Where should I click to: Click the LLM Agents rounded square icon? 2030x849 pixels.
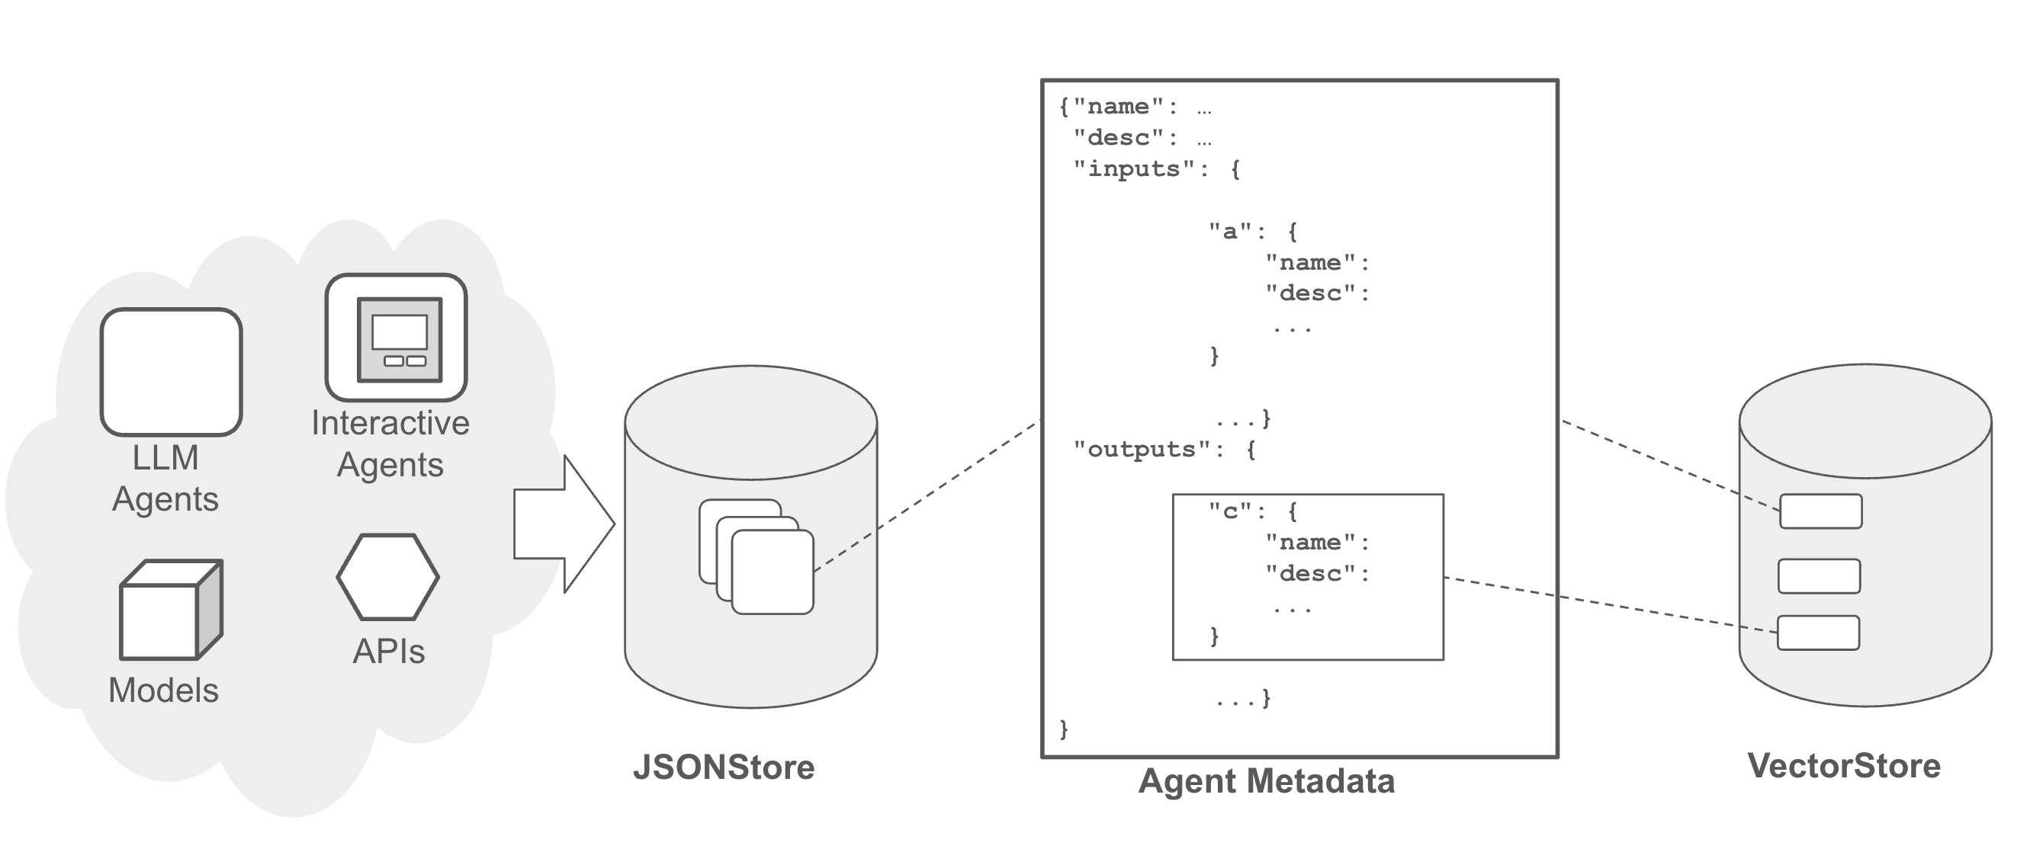[x=171, y=372]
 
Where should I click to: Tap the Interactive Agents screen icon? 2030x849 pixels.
[x=397, y=338]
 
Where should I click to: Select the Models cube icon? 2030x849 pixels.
[x=170, y=610]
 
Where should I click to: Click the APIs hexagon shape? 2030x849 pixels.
[x=387, y=577]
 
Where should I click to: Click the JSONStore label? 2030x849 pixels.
[x=724, y=767]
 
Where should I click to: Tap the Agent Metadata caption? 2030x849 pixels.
[x=1267, y=781]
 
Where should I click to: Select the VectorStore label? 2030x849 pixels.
[x=1843, y=765]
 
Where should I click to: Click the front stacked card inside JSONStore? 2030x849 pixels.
[x=772, y=572]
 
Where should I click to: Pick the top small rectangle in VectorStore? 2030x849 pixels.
[x=1821, y=511]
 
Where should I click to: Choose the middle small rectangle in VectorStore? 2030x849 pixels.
[x=1820, y=576]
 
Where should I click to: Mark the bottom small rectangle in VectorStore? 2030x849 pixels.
[x=1819, y=633]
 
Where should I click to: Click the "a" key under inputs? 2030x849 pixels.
[x=1229, y=231]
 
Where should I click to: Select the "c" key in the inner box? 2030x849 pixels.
[x=1229, y=511]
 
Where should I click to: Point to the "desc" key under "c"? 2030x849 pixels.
[x=1309, y=573]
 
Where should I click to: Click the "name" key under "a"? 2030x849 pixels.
[x=1309, y=262]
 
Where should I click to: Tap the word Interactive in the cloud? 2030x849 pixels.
[x=390, y=423]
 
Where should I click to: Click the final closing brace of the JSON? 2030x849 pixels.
[x=1064, y=729]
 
